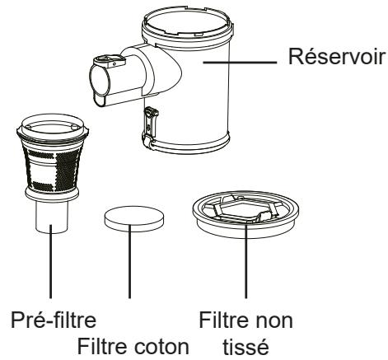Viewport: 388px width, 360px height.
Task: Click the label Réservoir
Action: click(336, 57)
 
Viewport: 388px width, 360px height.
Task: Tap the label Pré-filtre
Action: click(54, 320)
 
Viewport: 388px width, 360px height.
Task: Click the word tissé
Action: click(245, 347)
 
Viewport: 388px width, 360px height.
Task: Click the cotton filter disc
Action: click(134, 219)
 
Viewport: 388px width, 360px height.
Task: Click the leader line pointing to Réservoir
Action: click(240, 63)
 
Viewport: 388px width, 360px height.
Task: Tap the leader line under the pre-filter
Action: click(50, 261)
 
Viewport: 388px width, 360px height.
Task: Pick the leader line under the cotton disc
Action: click(129, 261)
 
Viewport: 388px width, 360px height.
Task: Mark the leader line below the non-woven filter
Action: click(245, 261)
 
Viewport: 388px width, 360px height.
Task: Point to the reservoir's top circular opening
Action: click(187, 23)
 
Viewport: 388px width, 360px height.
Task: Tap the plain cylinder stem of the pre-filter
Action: click(52, 217)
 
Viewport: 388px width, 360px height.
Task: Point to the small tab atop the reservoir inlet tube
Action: click(110, 61)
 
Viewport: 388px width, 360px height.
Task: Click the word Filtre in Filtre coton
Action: click(102, 347)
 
